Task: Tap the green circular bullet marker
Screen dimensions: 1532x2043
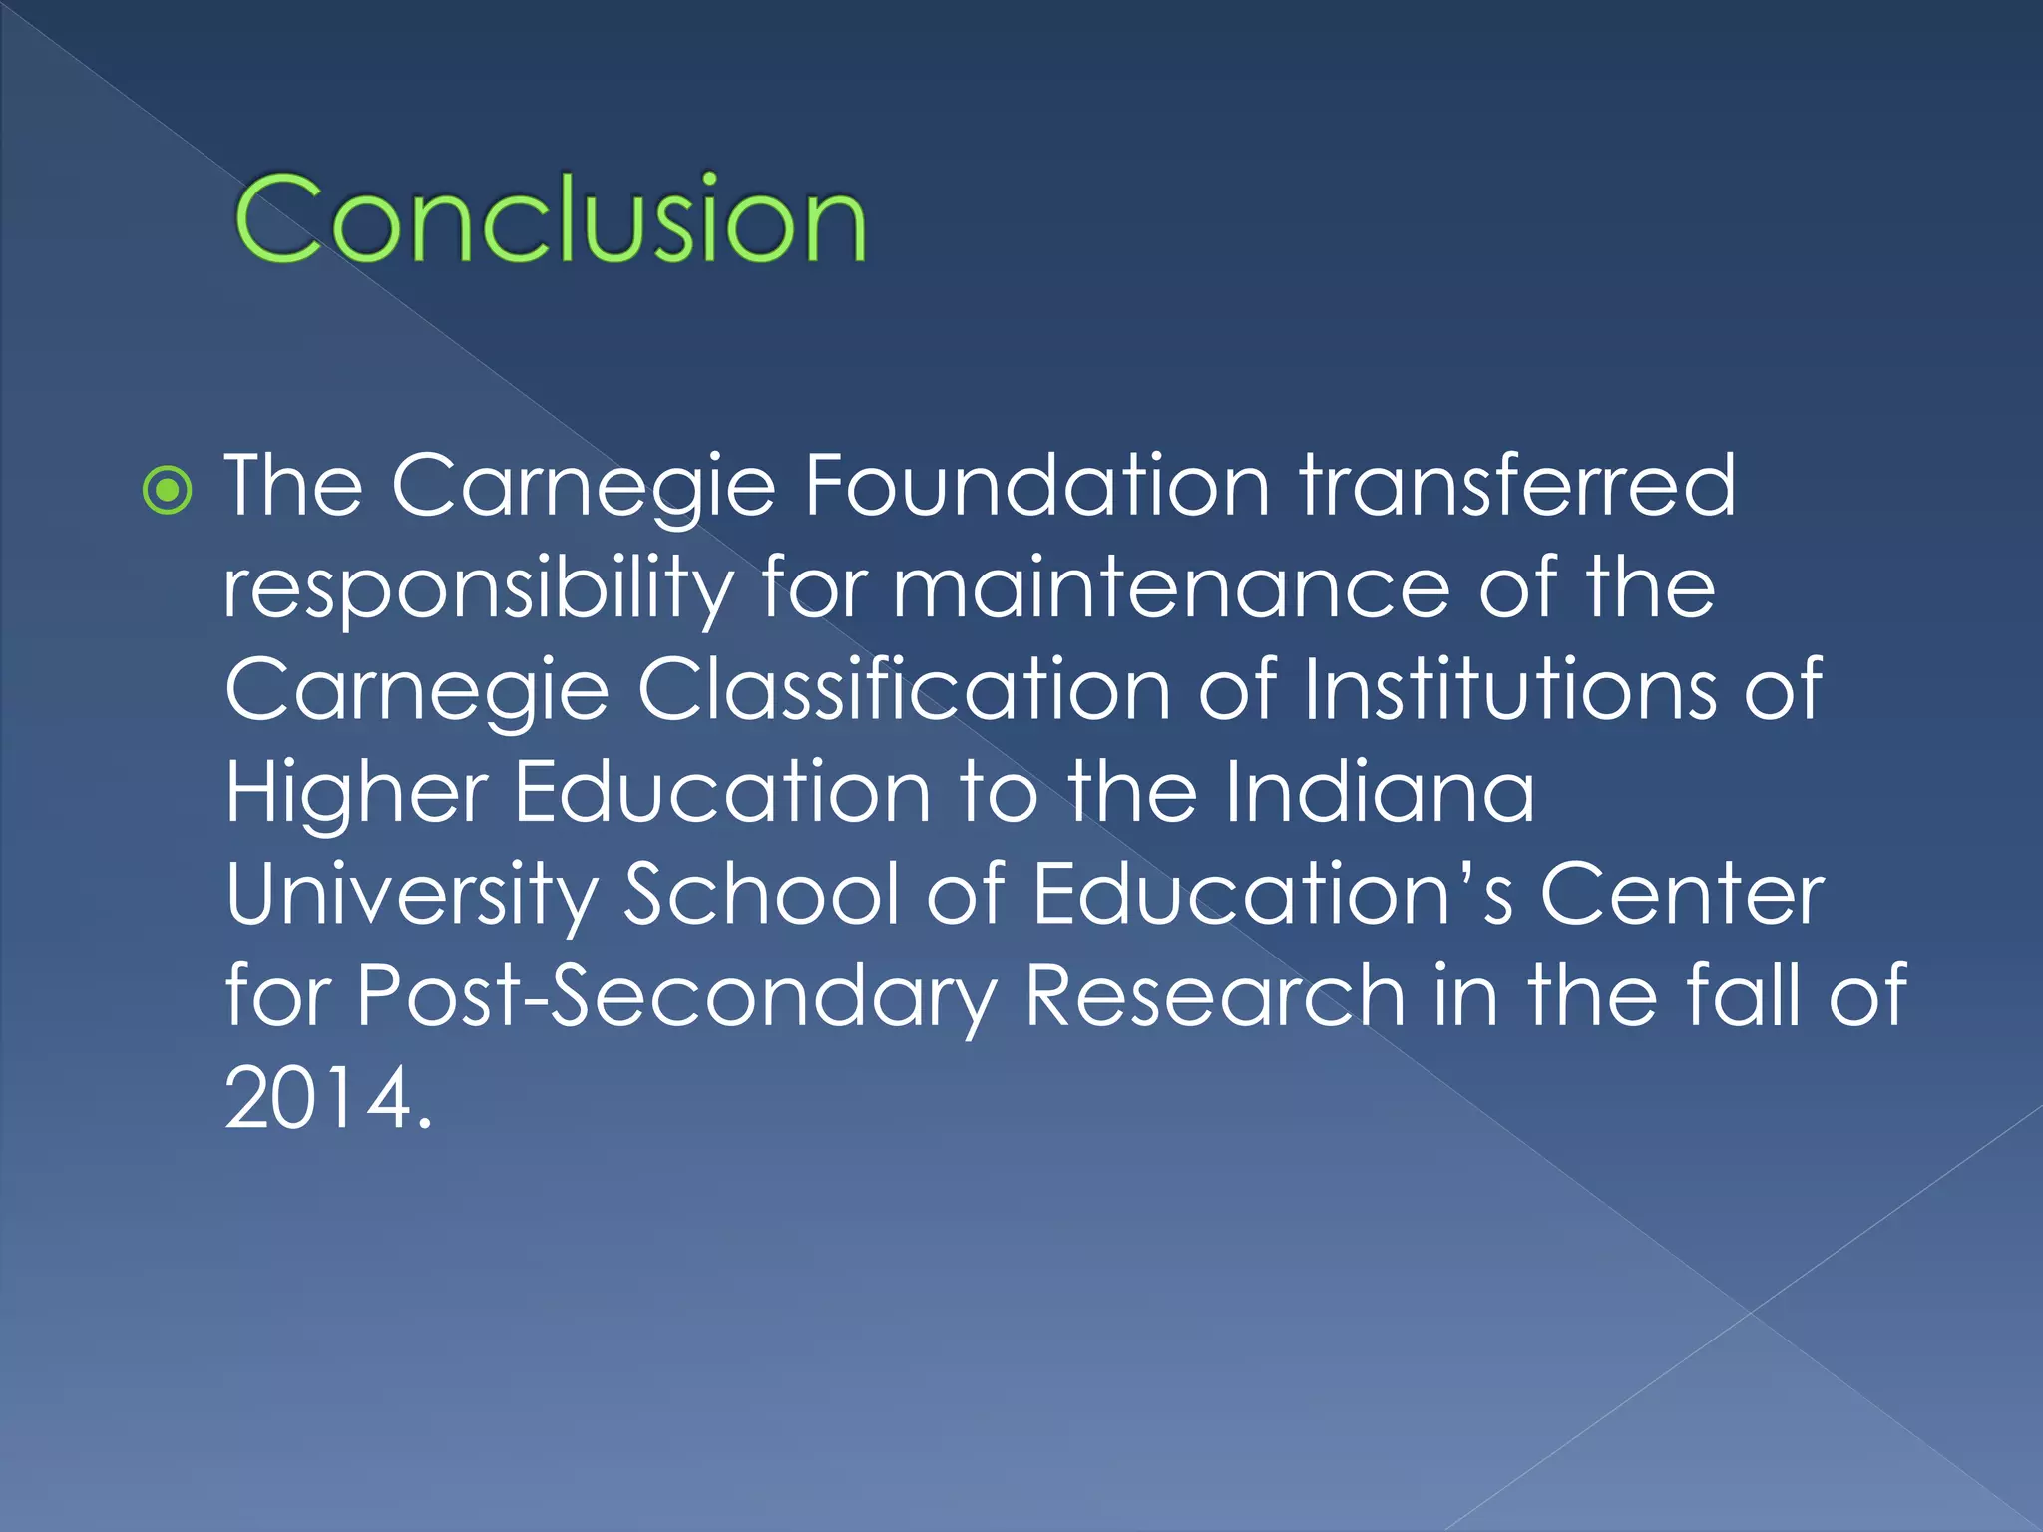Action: coord(167,490)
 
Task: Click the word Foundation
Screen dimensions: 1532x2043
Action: coord(1036,486)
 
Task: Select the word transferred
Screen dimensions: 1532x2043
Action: coord(1517,486)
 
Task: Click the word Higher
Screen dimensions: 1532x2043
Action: coord(356,795)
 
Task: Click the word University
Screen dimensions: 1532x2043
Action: coord(411,897)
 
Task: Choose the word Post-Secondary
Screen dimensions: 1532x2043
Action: coord(676,998)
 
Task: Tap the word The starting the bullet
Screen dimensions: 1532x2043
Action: coord(293,486)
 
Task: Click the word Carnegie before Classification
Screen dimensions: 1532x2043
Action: coord(416,692)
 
